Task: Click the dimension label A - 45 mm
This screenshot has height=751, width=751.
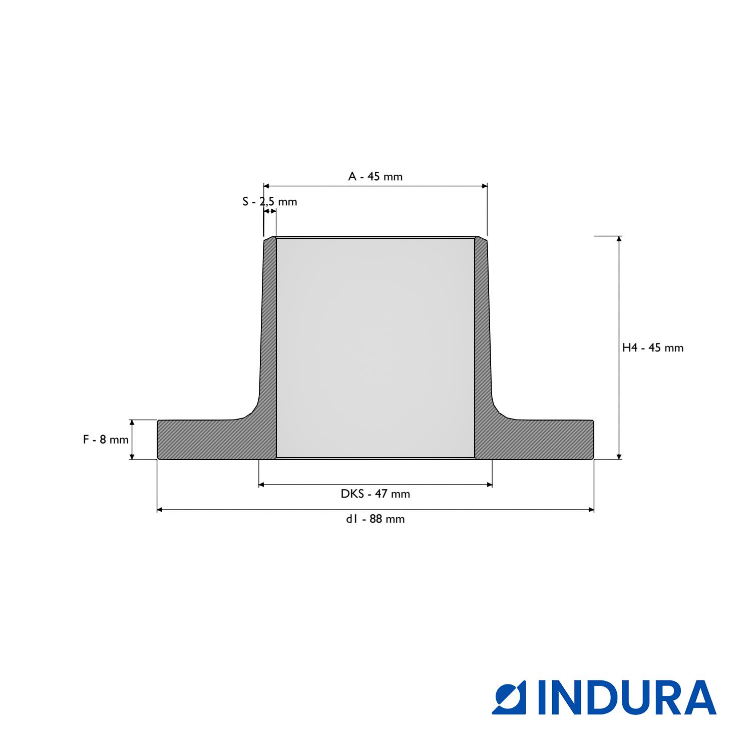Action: tap(375, 176)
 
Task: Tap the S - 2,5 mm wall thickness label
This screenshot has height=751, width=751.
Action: tap(270, 202)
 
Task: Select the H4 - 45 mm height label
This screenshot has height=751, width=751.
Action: tap(653, 347)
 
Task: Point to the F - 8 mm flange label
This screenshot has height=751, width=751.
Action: tap(106, 440)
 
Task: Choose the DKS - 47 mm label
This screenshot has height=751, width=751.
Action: tap(375, 494)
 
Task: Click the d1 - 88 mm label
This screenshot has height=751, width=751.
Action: tap(375, 519)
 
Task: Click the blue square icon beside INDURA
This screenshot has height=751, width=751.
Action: tap(508, 697)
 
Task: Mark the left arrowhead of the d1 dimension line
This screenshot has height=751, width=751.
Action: tap(160, 510)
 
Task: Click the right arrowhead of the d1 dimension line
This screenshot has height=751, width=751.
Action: tap(591, 510)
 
